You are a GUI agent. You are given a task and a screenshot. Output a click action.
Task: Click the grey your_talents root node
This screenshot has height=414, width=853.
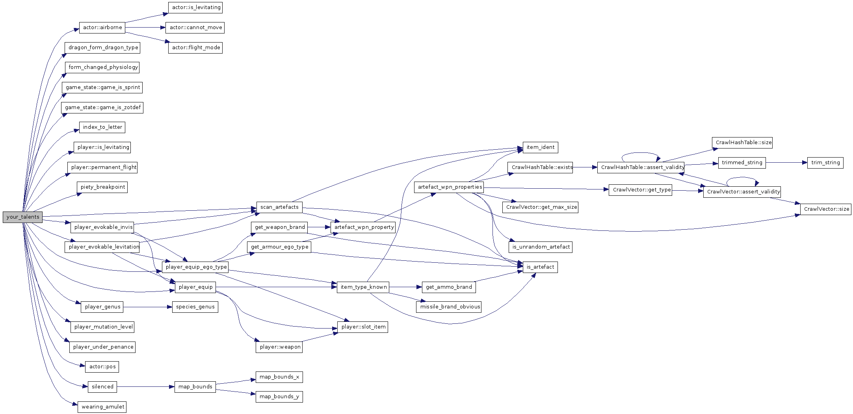22,217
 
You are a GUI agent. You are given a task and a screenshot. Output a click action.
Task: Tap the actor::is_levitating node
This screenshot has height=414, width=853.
195,7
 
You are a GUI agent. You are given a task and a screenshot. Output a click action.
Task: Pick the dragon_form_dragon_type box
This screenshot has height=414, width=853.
103,48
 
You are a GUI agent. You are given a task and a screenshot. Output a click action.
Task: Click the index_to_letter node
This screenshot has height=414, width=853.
102,127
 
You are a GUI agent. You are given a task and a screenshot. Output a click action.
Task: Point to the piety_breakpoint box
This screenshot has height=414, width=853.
102,187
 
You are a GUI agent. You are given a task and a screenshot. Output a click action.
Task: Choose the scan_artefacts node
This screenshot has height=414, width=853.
279,207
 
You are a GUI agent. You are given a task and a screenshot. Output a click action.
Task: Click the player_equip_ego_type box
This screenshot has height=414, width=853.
196,267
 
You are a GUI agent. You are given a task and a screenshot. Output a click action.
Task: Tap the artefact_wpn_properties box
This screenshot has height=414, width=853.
450,187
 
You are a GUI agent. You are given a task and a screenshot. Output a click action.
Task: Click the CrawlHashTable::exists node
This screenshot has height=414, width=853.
542,167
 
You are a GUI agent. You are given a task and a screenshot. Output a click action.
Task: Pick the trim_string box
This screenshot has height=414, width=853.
825,163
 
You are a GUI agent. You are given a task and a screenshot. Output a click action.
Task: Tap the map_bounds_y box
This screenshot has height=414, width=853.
279,397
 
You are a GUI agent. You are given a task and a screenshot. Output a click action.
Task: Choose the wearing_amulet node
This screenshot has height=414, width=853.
102,407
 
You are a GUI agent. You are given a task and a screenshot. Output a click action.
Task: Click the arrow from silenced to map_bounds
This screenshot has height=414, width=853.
145,387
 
